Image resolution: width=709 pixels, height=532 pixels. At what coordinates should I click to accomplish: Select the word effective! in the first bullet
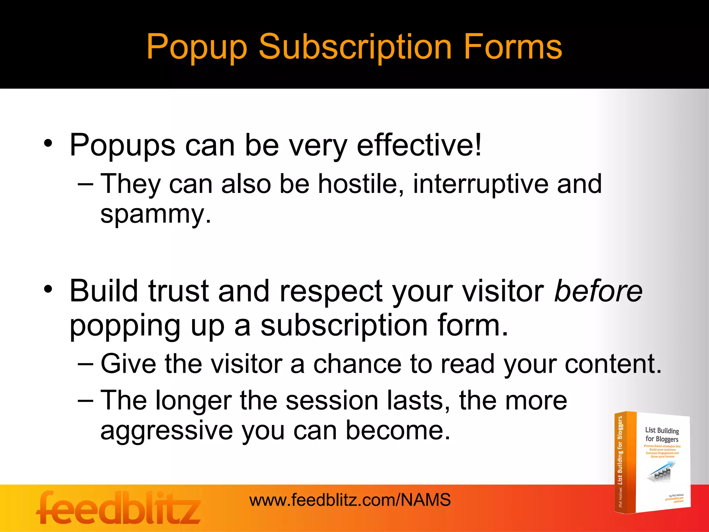coord(419,145)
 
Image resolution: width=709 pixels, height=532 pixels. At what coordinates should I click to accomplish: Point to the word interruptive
coord(481,184)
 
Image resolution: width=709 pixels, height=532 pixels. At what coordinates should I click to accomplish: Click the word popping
coord(125,326)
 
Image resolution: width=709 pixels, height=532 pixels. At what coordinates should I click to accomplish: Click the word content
coord(613,364)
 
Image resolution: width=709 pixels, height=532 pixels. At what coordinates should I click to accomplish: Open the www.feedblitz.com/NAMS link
coord(350,500)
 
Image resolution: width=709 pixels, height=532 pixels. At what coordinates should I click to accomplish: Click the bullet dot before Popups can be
coord(48,143)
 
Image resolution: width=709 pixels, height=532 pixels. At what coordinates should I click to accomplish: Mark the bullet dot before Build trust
coord(48,289)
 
